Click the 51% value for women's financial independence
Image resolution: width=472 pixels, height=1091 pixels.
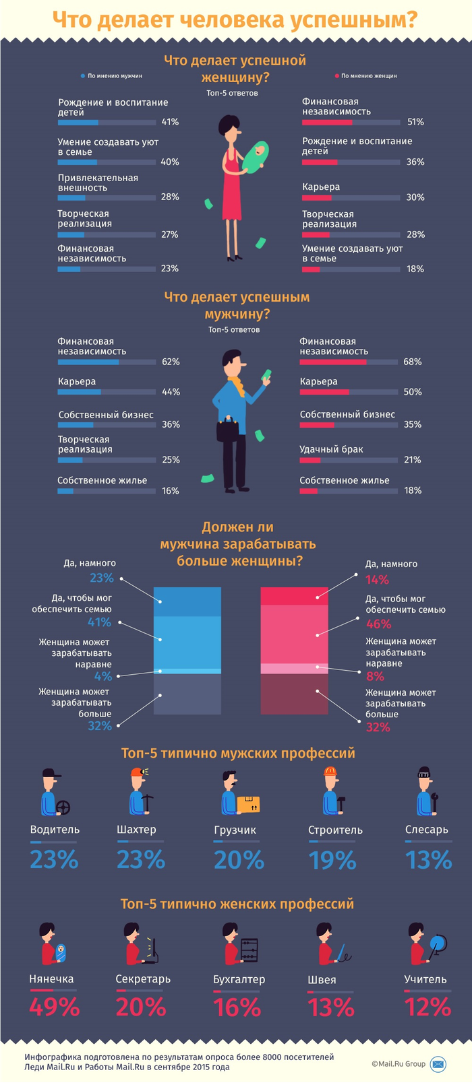coord(415,122)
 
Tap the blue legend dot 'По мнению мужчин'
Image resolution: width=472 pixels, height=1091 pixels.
coord(83,76)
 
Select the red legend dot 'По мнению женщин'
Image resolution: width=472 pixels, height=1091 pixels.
coord(336,76)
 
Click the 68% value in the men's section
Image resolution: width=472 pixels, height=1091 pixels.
coord(413,362)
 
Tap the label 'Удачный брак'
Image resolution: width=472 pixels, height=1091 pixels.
coord(332,449)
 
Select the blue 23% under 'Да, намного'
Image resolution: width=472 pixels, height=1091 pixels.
coord(102,578)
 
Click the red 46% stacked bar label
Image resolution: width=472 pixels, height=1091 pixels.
coord(378,624)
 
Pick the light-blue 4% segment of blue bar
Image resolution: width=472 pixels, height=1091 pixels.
coord(187,671)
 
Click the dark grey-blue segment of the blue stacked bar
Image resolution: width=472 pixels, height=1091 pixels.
coord(187,694)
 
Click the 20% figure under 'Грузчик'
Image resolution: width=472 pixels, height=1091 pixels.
coord(239,860)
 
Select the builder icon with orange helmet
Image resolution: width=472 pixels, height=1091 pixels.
coord(332,792)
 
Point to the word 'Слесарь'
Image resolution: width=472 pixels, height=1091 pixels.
coord(427,830)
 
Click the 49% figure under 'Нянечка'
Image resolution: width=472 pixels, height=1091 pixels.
coord(55,1007)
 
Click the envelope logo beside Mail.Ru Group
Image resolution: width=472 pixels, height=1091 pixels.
coord(438,1064)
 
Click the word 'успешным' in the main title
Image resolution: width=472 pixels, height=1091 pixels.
coord(353,20)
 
